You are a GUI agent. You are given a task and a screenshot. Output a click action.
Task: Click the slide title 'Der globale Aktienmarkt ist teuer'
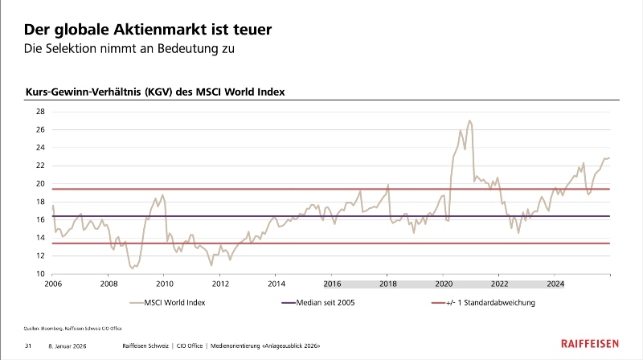147,30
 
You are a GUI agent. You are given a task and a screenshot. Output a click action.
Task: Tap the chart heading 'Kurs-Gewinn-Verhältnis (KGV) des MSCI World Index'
155,92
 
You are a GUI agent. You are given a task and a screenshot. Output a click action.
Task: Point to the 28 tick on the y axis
39,111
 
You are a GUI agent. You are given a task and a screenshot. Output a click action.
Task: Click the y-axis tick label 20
39,183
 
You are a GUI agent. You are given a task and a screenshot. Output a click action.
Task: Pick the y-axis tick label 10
39,274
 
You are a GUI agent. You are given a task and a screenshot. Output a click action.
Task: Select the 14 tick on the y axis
39,238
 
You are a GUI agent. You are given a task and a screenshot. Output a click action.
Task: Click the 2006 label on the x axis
53,284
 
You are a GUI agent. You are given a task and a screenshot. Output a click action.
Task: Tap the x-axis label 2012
220,284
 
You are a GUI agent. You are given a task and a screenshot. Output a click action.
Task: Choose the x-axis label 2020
444,284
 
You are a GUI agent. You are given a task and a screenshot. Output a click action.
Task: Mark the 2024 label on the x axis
555,284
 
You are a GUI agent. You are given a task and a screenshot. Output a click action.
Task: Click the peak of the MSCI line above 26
469,121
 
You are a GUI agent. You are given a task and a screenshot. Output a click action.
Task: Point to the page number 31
27,346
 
